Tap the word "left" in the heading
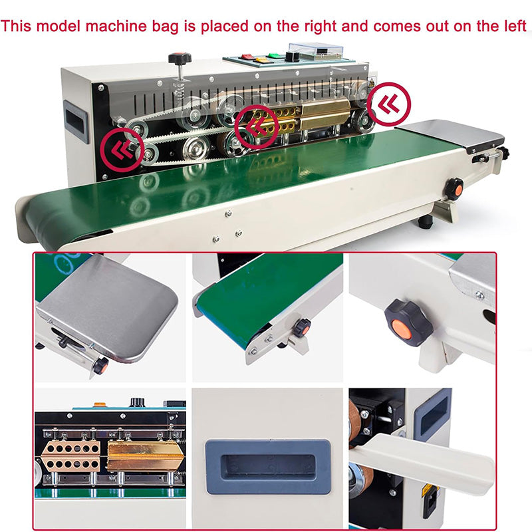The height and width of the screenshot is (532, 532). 513,27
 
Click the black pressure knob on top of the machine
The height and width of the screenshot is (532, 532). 180,59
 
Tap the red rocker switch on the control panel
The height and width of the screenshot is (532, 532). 247,57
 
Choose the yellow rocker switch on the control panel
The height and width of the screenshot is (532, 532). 259,60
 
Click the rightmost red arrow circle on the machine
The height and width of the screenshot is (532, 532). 390,102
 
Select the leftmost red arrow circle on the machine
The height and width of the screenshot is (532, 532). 123,148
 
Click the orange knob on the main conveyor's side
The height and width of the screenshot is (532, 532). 454,188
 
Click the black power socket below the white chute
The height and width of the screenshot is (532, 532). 430,503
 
